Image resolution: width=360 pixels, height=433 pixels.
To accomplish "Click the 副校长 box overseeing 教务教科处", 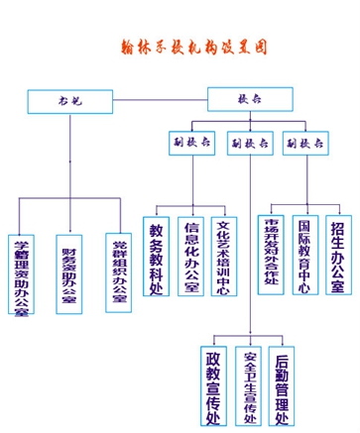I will coord(192,142).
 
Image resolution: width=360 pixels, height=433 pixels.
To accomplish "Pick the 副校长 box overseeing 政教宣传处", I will coord(249,142).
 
